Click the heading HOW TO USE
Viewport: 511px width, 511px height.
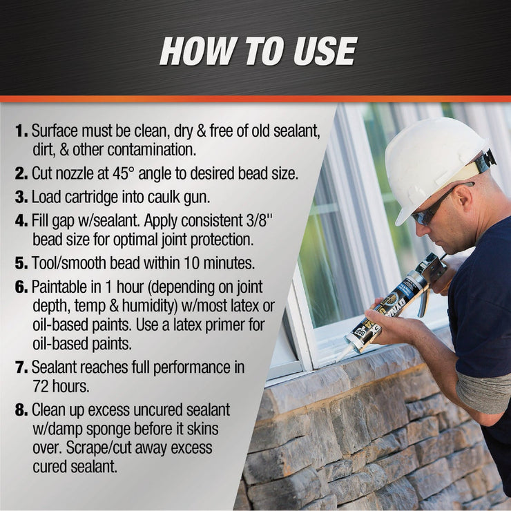(x=258, y=52)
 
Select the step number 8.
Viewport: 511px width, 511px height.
(x=21, y=410)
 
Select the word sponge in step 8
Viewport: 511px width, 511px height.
(x=119, y=429)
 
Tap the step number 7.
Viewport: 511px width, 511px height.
(x=21, y=367)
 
